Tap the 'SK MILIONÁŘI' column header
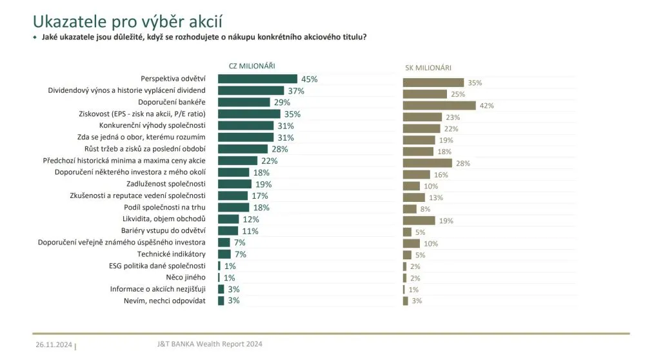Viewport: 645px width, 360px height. pos(428,67)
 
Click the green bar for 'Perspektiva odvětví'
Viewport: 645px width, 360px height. pos(257,79)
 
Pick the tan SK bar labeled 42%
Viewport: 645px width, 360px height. pos(439,106)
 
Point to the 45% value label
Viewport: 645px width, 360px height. pos(310,79)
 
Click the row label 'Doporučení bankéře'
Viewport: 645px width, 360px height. pos(172,102)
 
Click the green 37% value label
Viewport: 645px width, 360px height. pos(296,91)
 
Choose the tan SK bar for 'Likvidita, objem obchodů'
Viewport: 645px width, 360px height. pos(419,221)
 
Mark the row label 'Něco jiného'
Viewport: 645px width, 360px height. pos(186,277)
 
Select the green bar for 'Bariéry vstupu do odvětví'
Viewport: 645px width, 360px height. pos(228,230)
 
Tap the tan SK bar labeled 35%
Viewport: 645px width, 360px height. pos(433,83)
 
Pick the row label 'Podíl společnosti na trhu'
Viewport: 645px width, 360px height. pos(164,207)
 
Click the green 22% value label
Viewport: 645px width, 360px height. pos(269,161)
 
